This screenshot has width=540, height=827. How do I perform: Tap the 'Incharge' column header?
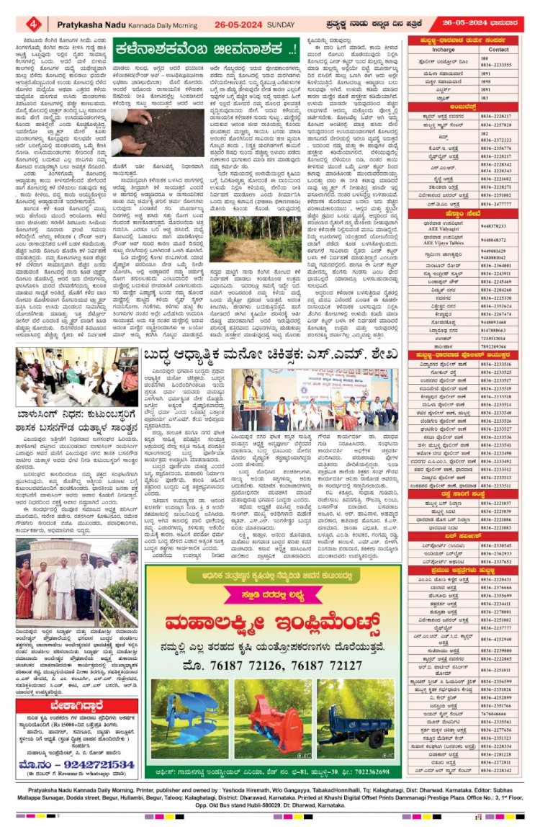point(443,50)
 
